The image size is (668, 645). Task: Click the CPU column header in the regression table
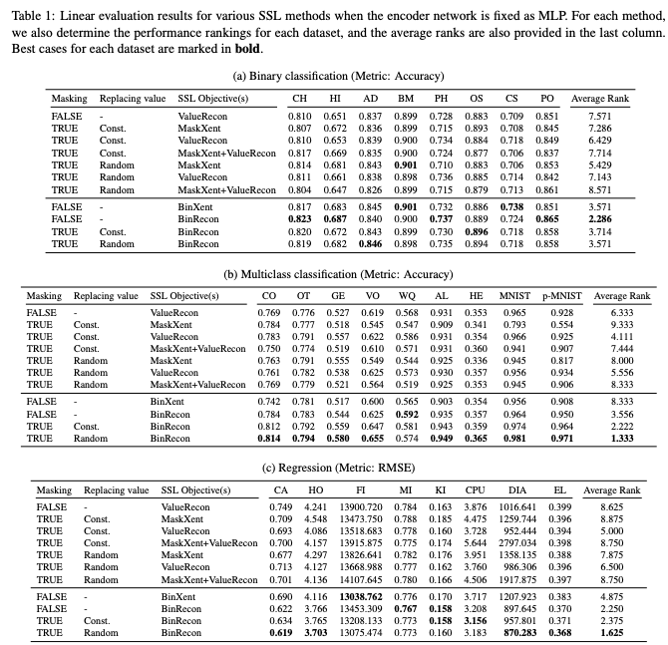point(475,490)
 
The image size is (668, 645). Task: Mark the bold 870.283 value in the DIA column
point(520,631)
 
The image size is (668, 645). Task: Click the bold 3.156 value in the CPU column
point(476,619)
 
